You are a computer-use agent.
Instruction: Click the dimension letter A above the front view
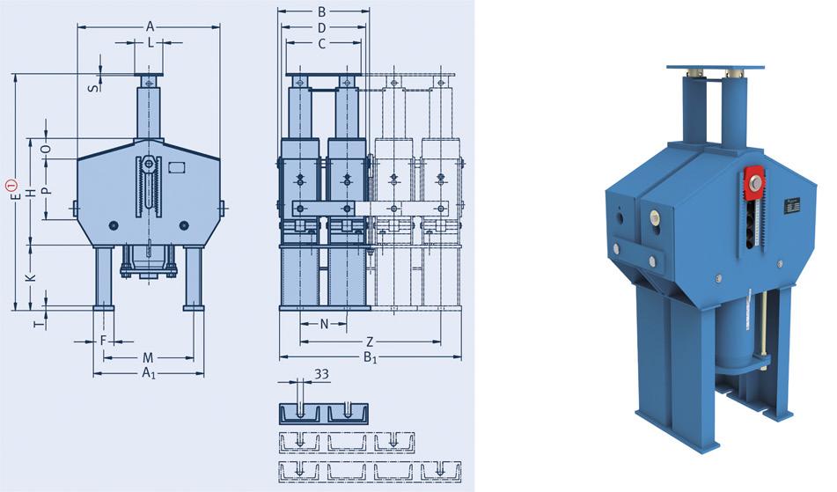150,26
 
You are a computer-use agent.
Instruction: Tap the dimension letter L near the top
151,43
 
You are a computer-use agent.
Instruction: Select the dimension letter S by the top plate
94,87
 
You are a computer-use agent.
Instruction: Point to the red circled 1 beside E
11,187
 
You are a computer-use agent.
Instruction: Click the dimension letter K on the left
31,277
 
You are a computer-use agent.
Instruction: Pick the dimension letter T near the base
38,323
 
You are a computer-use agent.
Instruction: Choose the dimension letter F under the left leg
104,341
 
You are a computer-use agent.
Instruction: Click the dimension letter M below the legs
148,357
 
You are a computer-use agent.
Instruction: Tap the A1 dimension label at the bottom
149,373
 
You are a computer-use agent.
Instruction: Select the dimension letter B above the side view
322,11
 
